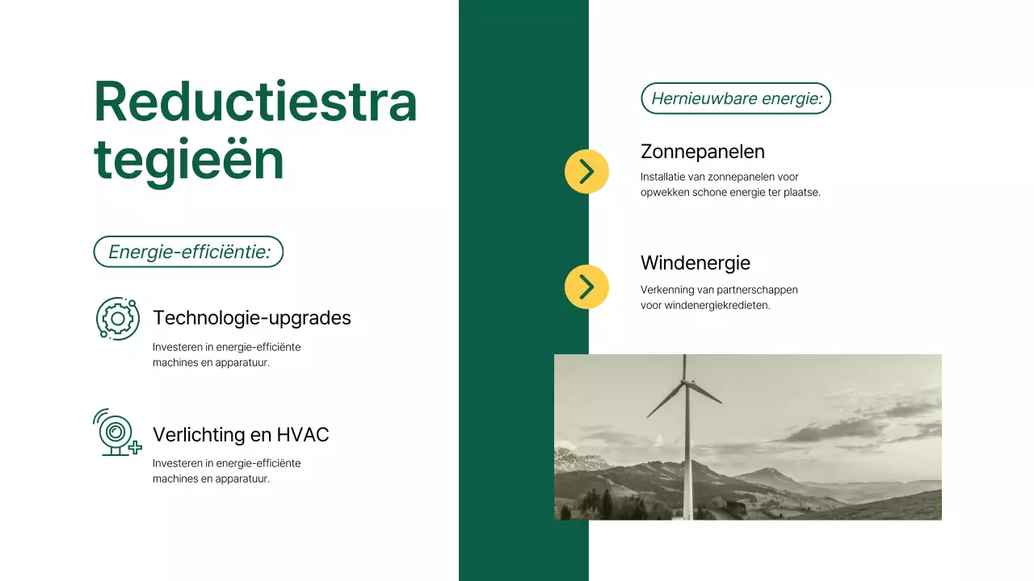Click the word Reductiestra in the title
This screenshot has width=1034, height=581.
point(255,102)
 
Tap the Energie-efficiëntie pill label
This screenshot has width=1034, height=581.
point(189,252)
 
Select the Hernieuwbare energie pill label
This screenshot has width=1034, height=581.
point(736,98)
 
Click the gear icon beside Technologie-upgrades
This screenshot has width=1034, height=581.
point(118,318)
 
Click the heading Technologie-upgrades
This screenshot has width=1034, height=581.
point(252,318)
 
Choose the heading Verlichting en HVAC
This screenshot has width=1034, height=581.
point(241,435)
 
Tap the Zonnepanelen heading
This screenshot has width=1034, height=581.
point(702,152)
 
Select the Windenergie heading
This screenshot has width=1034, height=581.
point(695,263)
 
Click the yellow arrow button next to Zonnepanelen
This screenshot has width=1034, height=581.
point(586,171)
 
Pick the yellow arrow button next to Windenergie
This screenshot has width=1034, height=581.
point(586,286)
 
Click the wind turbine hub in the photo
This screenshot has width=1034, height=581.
point(684,381)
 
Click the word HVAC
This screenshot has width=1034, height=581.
point(303,435)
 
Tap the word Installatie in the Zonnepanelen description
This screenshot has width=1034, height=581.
point(662,177)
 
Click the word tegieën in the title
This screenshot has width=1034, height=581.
point(189,160)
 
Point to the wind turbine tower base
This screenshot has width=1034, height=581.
point(687,514)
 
